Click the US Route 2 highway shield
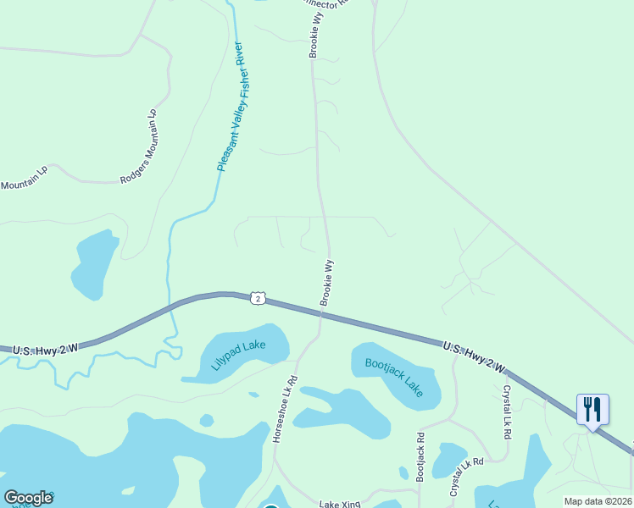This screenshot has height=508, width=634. point(259,298)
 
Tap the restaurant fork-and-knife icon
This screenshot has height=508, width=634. point(592,409)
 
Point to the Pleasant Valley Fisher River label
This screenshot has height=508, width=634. point(231,106)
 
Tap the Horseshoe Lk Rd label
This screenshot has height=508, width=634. point(283,410)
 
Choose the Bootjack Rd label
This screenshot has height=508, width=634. point(420,456)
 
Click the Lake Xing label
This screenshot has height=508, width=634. point(340,505)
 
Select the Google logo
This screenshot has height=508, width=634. point(28,498)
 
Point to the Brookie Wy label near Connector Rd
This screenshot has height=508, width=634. point(315,36)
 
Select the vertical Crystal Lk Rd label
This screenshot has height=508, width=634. point(507,411)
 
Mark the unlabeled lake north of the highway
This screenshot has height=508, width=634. point(94,264)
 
